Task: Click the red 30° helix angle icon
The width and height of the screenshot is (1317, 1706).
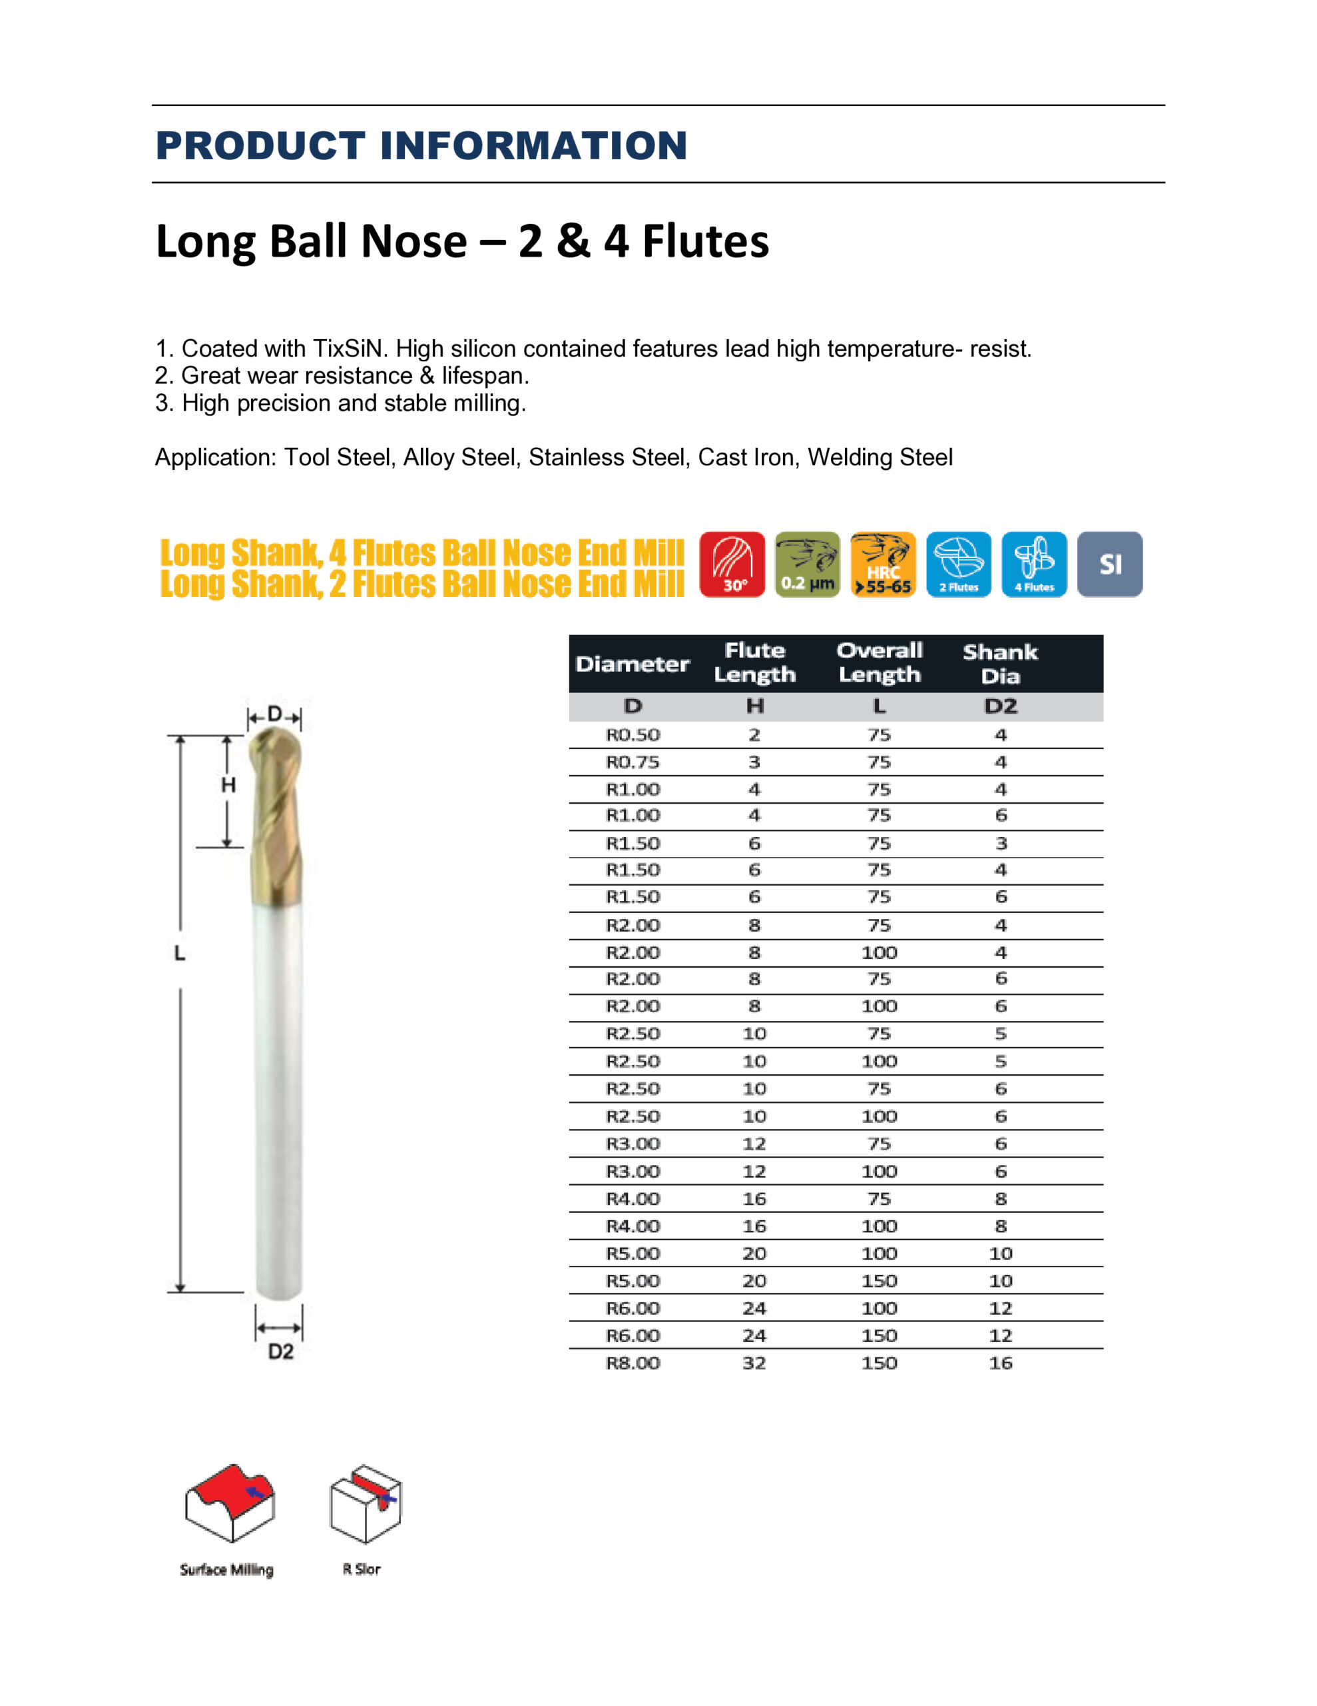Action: tap(732, 564)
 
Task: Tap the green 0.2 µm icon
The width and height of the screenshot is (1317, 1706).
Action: tap(807, 564)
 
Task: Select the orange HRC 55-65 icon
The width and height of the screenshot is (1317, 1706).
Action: tap(883, 564)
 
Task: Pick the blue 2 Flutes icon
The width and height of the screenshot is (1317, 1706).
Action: tap(959, 564)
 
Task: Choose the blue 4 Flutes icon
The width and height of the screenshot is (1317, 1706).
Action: tap(1033, 564)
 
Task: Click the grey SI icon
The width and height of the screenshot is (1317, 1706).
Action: tap(1109, 564)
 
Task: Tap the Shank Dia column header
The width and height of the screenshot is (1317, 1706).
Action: tap(1000, 663)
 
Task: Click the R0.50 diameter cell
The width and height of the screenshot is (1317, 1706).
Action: tap(633, 735)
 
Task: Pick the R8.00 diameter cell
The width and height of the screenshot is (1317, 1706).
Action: tap(633, 1363)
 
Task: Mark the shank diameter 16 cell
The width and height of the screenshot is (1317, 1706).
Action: tap(1000, 1363)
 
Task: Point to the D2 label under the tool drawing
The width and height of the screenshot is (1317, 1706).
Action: tap(280, 1352)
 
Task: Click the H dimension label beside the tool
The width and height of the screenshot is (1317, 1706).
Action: tap(228, 785)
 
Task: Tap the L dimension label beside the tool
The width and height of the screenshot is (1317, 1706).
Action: tap(180, 953)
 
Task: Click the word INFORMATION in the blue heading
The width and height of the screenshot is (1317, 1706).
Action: tap(533, 146)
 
